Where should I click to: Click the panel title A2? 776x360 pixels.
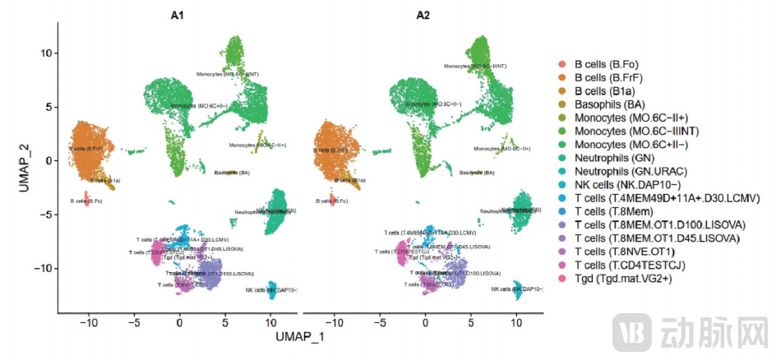point(423,12)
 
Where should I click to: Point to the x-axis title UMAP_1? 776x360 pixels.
point(300,338)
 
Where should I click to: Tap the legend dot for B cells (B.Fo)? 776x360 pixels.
point(561,64)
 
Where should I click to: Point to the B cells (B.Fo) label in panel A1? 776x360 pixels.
point(85,201)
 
